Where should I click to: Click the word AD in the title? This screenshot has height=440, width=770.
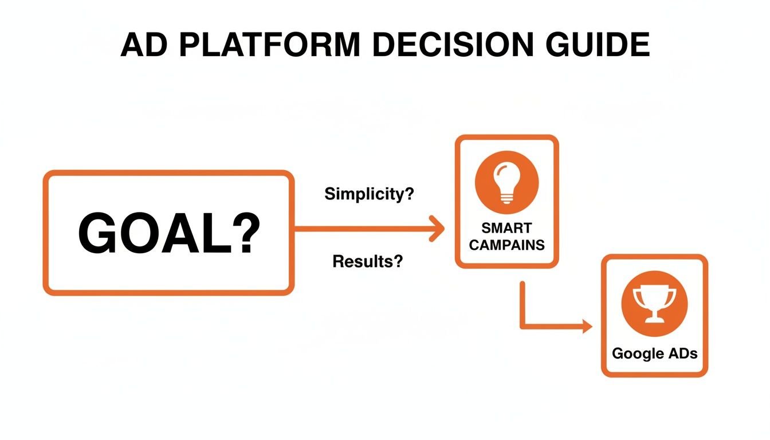coord(142,45)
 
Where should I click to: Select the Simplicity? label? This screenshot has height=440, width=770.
coord(369,194)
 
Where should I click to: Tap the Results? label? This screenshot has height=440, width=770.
coord(367,262)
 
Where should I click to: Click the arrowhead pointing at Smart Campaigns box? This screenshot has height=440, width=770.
coord(438,229)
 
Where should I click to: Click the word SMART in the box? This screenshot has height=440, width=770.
coord(506,229)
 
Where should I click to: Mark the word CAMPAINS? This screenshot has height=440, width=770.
coord(506,245)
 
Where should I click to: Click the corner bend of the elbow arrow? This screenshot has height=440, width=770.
coord(522,327)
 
